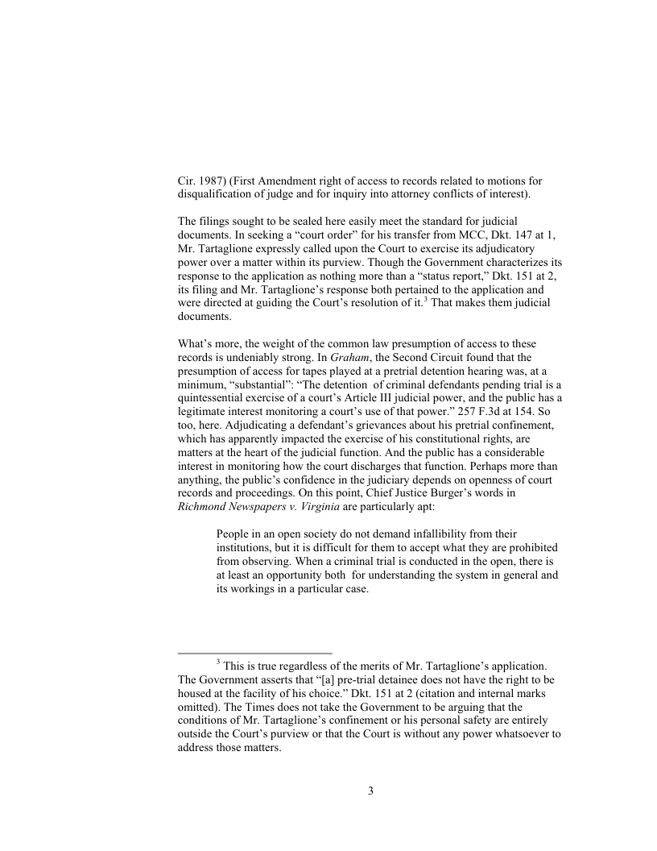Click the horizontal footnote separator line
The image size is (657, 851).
coord(254,653)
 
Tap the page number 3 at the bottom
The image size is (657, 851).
coord(370,791)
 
